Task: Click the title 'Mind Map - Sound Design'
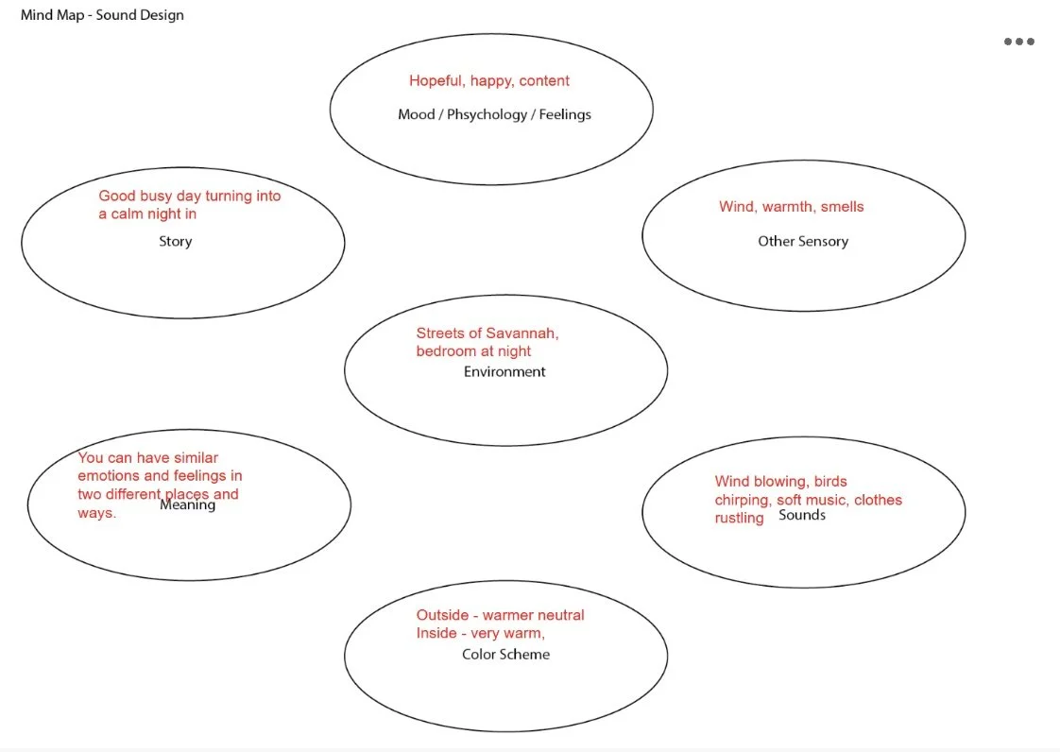click(102, 15)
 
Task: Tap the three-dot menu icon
click(1018, 42)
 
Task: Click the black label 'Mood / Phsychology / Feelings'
click(494, 114)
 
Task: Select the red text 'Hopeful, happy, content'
click(489, 81)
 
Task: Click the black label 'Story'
click(175, 241)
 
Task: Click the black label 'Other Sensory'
click(803, 241)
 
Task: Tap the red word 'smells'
click(843, 207)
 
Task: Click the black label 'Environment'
click(504, 371)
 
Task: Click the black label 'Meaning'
click(187, 504)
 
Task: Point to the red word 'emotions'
click(109, 476)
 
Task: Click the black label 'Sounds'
click(802, 515)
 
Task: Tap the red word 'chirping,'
click(743, 500)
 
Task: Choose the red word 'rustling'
click(739, 518)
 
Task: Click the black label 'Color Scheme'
click(505, 654)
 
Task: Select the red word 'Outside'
click(442, 615)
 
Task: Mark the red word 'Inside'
click(436, 633)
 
